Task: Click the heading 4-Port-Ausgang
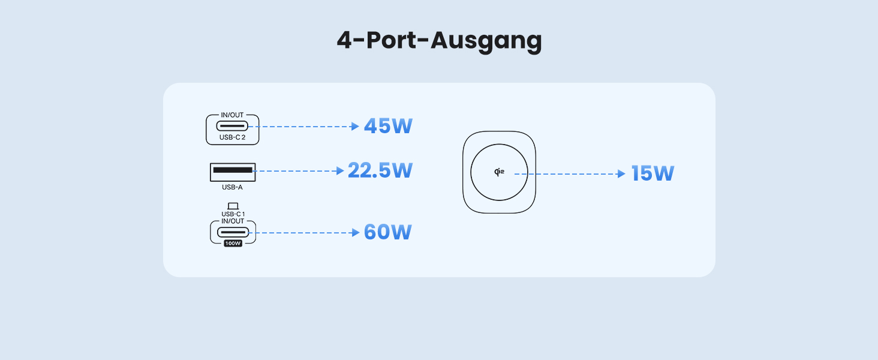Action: click(439, 40)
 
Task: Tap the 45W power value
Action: click(388, 127)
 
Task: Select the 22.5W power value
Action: click(380, 170)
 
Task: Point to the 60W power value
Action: click(387, 232)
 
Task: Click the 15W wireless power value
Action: click(653, 174)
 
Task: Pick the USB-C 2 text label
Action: click(232, 138)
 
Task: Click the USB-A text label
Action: click(232, 187)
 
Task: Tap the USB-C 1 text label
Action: click(233, 214)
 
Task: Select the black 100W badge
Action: click(233, 243)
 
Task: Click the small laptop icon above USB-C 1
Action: click(233, 206)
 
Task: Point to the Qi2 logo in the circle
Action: click(499, 173)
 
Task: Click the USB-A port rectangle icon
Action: click(232, 172)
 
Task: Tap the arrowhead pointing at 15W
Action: click(622, 174)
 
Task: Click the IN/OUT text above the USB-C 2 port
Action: click(232, 115)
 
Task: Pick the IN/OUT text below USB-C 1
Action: click(233, 221)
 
